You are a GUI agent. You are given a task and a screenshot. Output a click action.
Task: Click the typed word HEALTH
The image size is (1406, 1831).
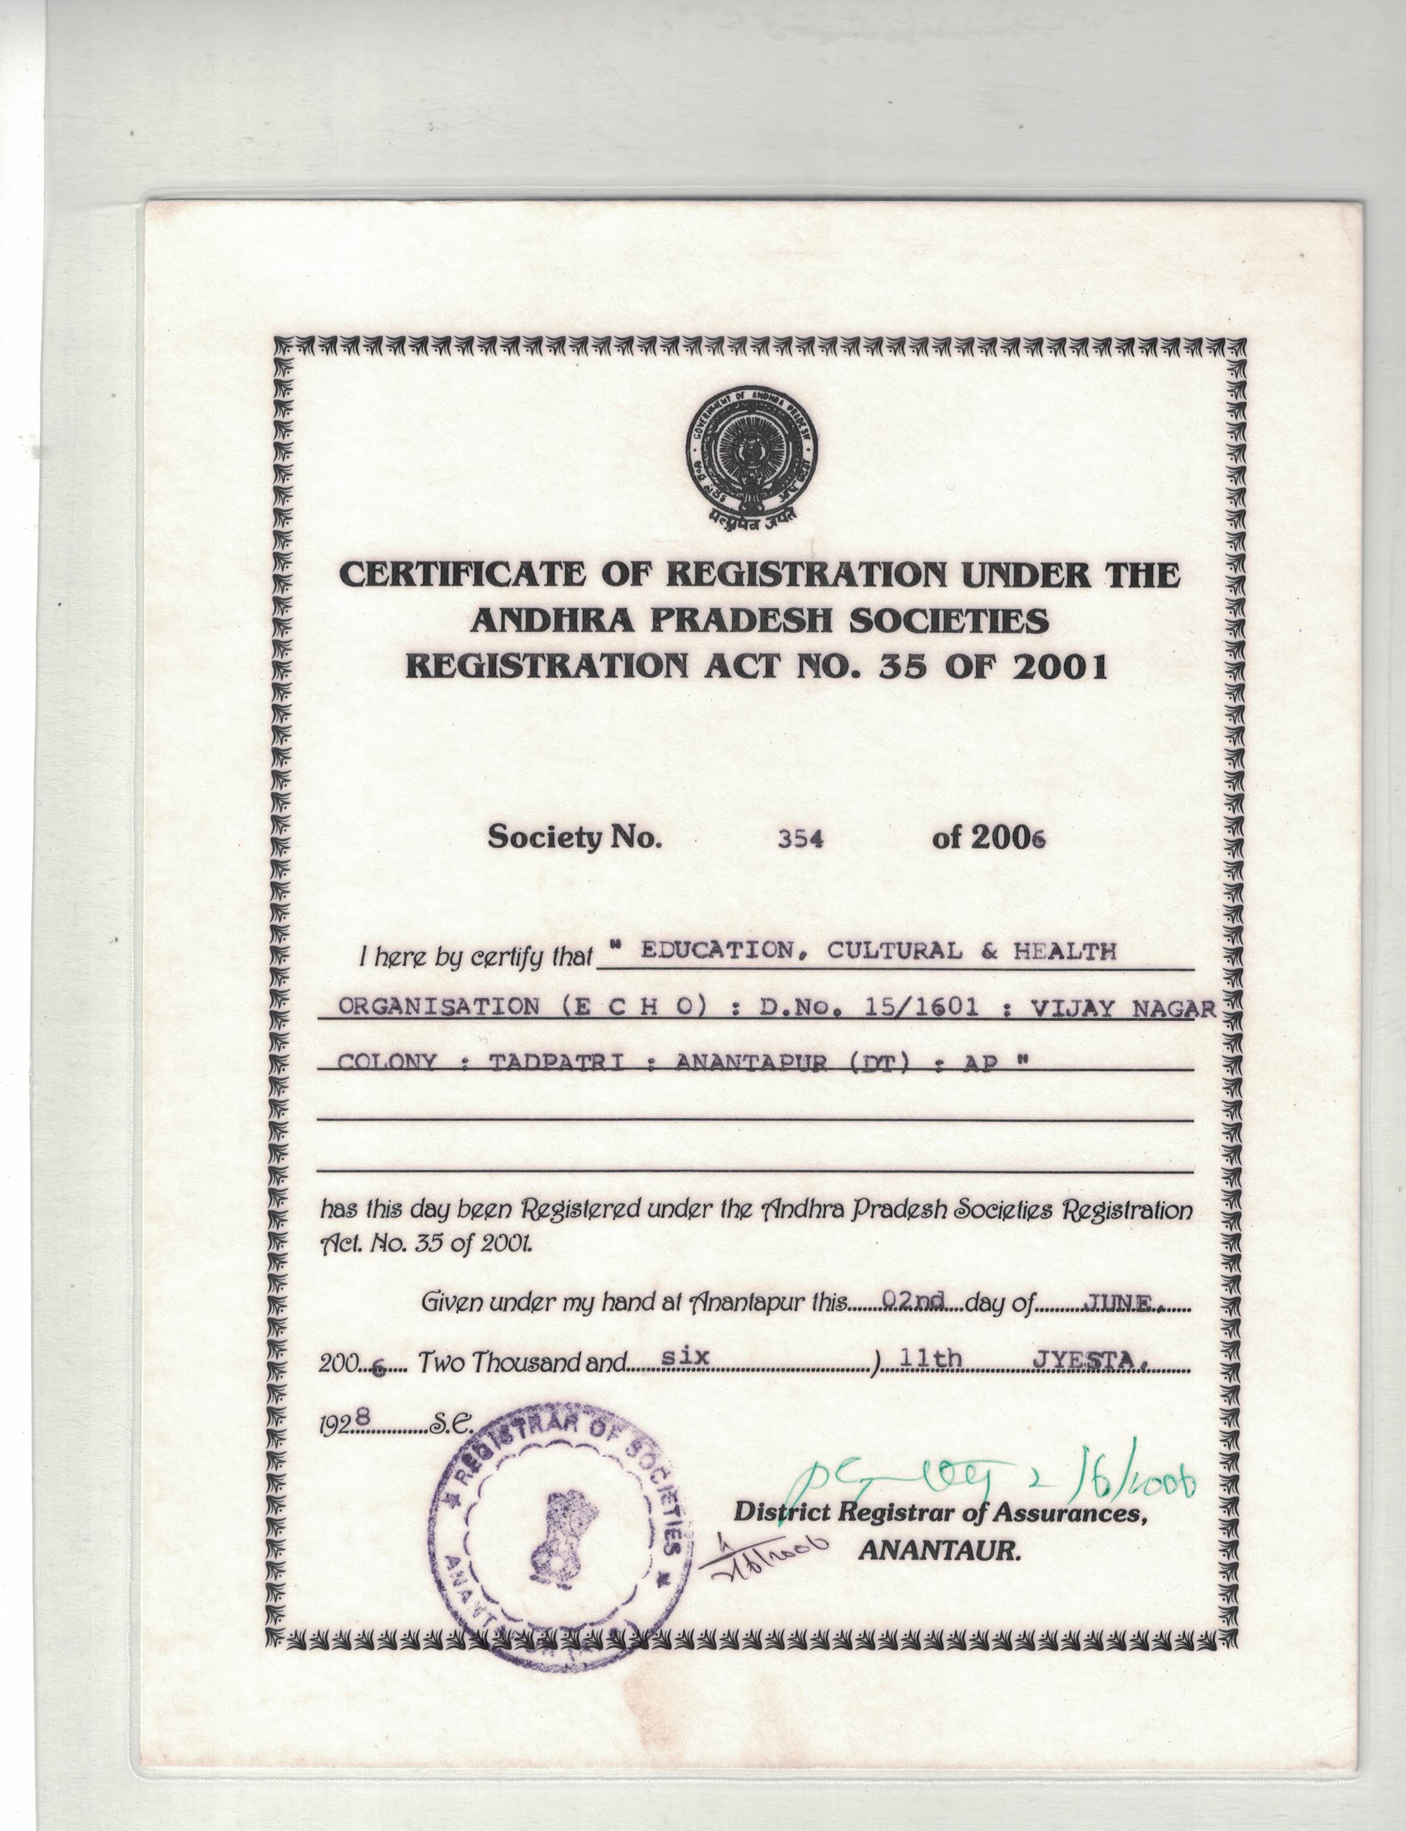click(x=1065, y=952)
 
